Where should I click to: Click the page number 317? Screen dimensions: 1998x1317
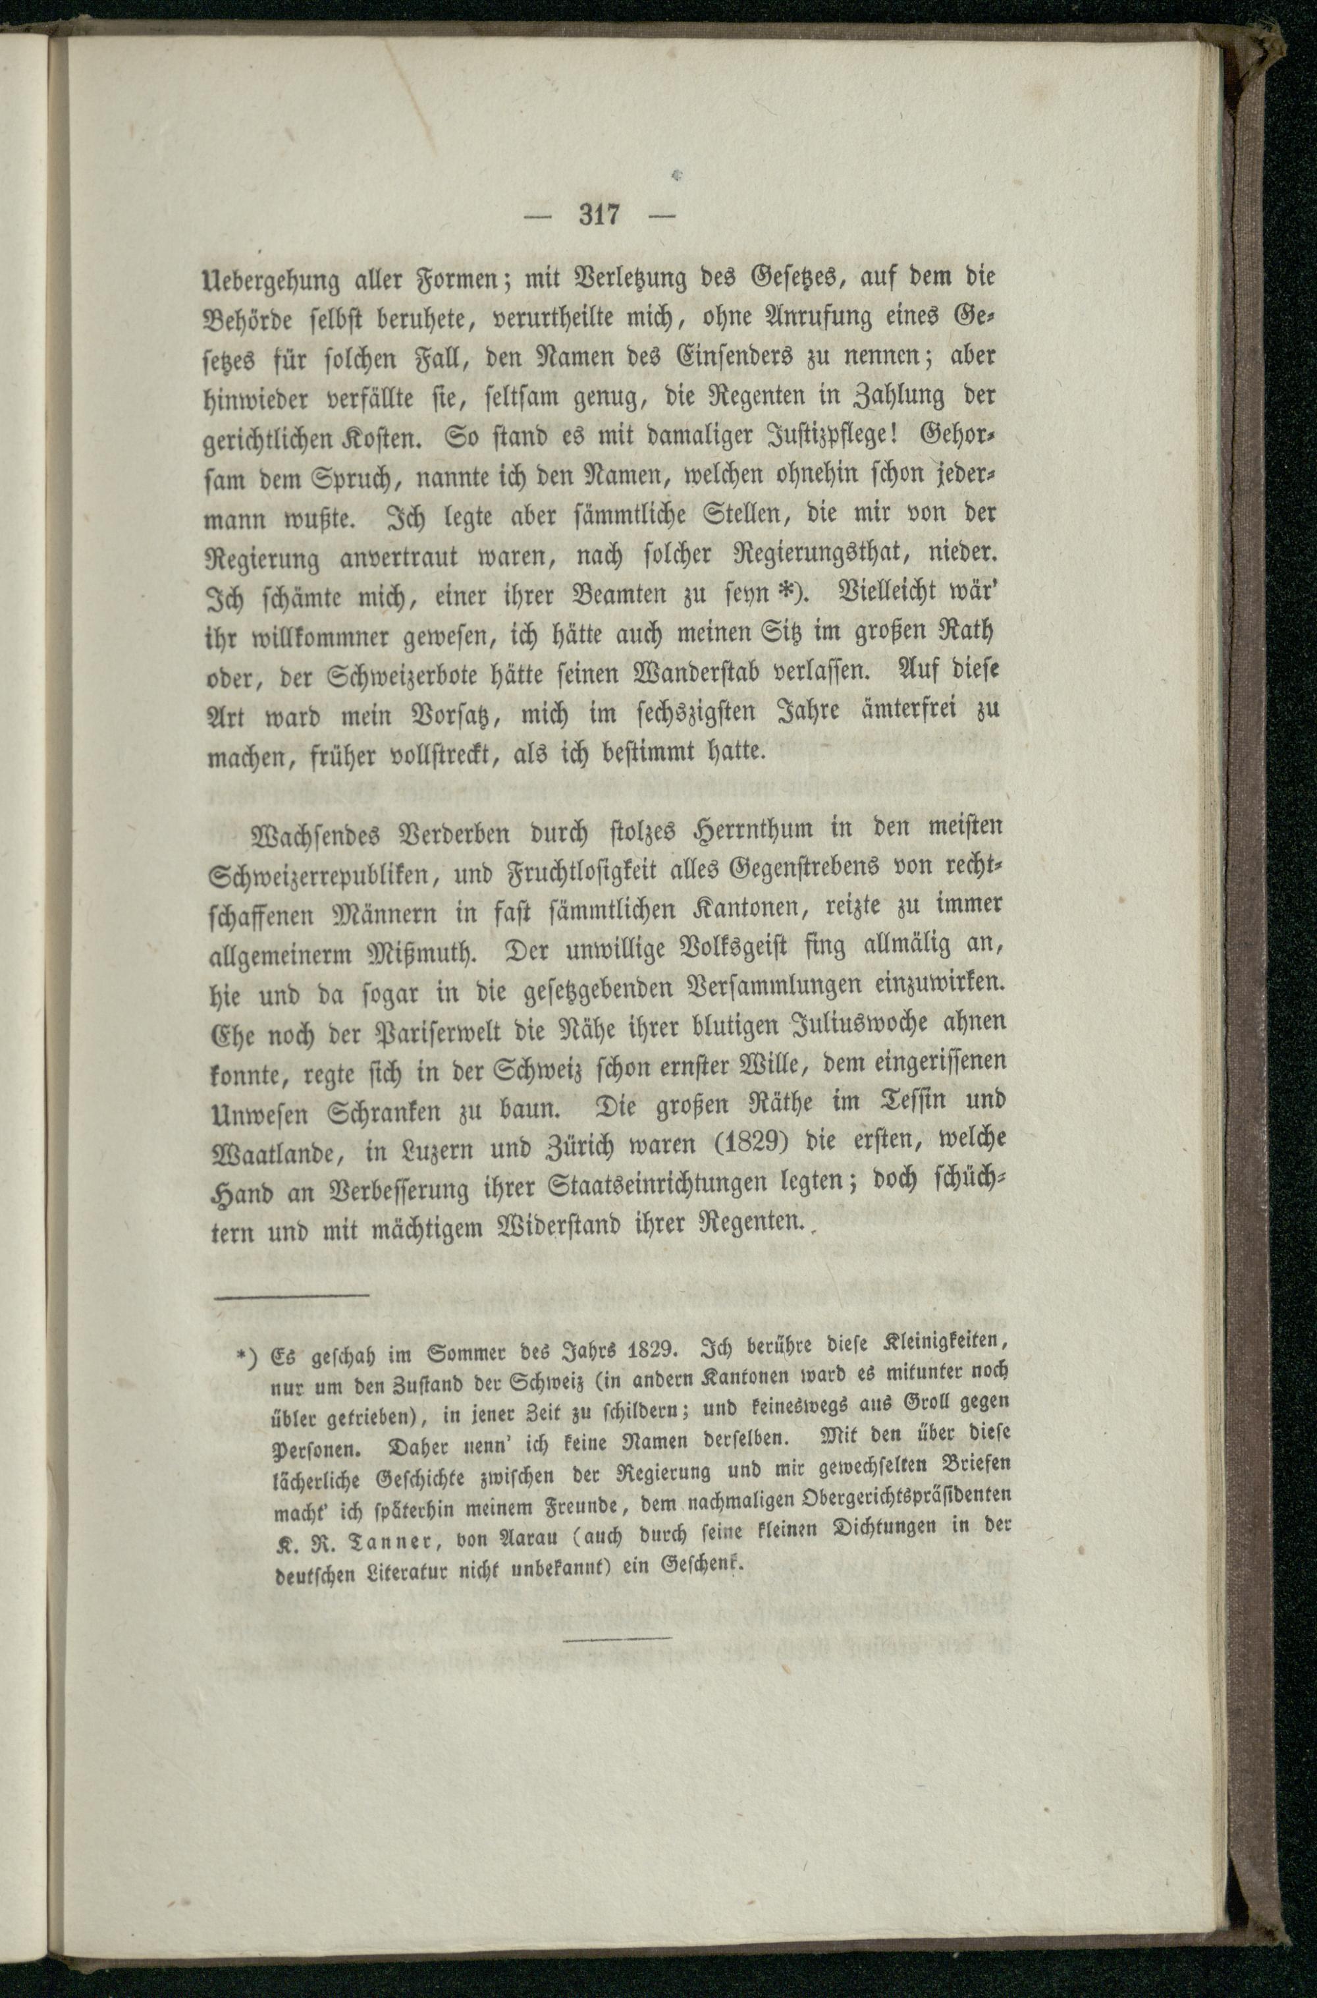click(599, 215)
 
